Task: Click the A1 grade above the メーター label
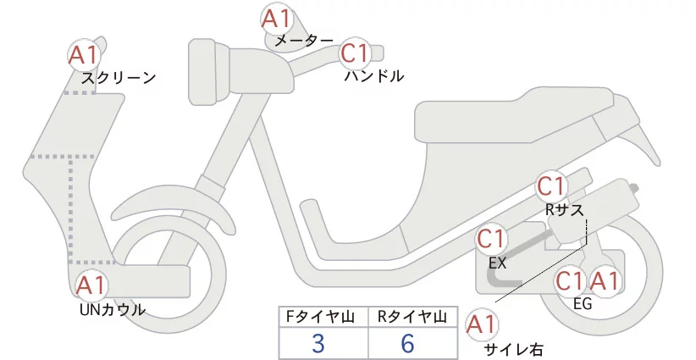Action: tap(276, 18)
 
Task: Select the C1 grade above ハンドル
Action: tap(356, 54)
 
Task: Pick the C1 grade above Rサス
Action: tap(551, 186)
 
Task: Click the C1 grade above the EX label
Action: tap(493, 240)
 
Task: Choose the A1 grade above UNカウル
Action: tap(91, 285)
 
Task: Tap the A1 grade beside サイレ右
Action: tap(481, 324)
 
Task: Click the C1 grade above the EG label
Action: tap(570, 280)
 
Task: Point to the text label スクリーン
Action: tap(119, 77)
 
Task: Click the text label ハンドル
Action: tap(374, 76)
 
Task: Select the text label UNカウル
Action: tap(111, 309)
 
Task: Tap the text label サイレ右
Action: tap(513, 348)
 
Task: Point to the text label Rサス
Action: tap(564, 210)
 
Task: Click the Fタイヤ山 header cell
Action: tap(323, 317)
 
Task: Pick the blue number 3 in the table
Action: tap(318, 343)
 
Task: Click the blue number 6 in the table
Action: tap(408, 343)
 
